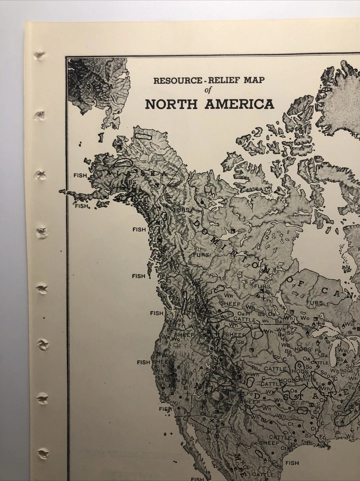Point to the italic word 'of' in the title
209,91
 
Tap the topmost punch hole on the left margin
40,56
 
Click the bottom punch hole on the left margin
44,453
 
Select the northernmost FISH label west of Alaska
80,175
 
